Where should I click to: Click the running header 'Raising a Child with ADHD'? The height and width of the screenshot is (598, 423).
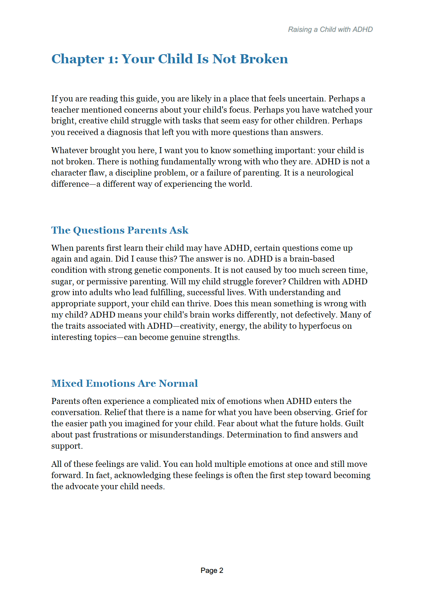[x=330, y=29]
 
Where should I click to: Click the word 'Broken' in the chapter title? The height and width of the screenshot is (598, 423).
[x=264, y=59]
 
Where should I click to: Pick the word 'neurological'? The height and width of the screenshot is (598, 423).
[x=330, y=173]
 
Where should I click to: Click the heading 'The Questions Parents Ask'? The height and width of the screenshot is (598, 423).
[x=120, y=230]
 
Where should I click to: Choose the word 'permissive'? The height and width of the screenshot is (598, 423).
[x=107, y=282]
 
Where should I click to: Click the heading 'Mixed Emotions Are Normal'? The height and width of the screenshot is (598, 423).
[x=124, y=383]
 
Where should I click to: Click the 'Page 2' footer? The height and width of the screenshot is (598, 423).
[x=211, y=570]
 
